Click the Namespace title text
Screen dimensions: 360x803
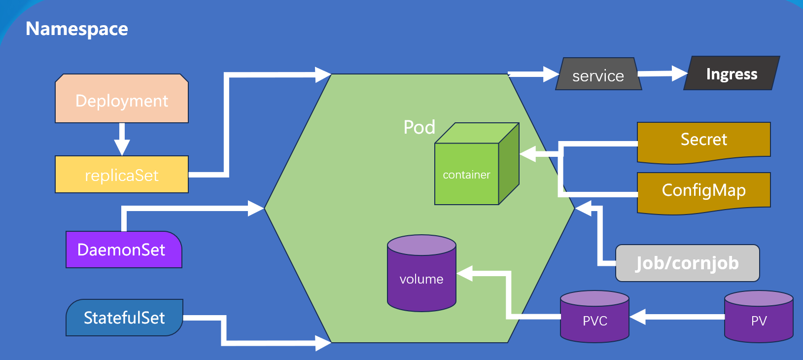tap(77, 29)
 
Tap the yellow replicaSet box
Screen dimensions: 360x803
tap(122, 175)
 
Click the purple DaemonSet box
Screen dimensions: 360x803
tap(123, 250)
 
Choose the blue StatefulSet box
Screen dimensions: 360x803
tap(124, 318)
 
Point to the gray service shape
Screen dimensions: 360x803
tap(598, 74)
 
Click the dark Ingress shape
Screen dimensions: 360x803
tap(732, 73)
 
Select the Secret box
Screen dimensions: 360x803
tap(703, 141)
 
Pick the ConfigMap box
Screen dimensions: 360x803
tap(703, 191)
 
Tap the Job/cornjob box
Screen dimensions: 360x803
tap(687, 263)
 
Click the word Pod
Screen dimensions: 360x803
tap(419, 127)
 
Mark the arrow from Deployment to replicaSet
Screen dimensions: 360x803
tap(122, 139)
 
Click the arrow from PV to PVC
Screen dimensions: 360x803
tap(678, 317)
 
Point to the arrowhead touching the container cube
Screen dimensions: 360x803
tap(528, 154)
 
